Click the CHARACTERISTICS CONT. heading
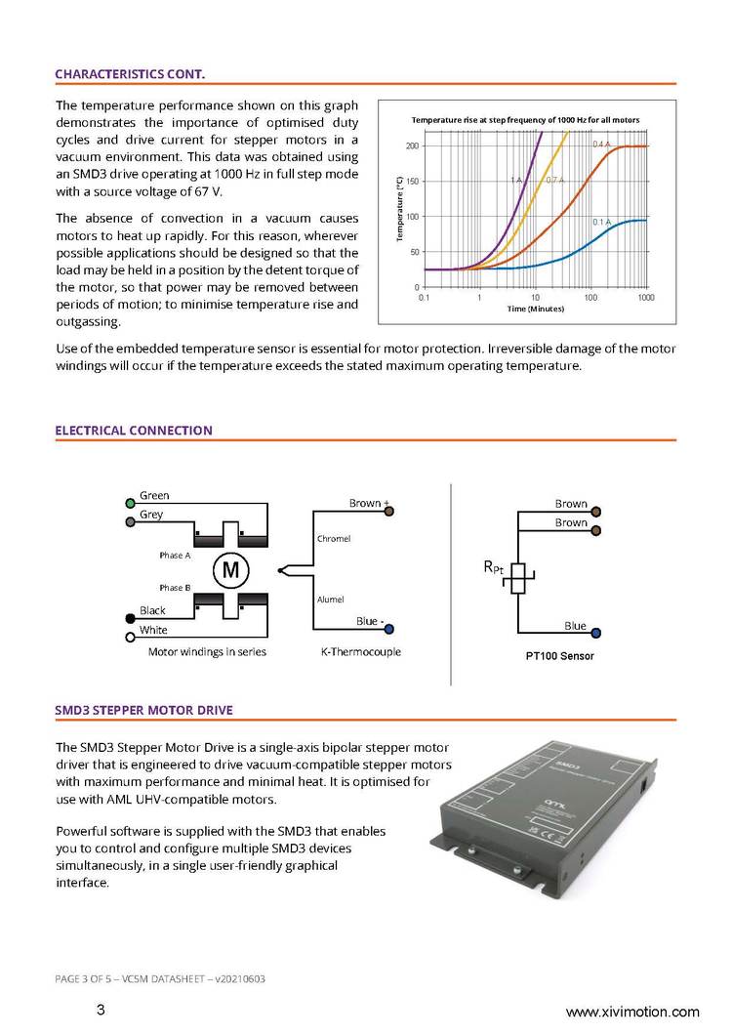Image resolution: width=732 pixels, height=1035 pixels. coord(130,73)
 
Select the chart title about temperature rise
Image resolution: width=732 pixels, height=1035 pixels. coord(525,119)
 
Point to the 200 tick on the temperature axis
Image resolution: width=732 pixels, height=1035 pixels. coord(412,146)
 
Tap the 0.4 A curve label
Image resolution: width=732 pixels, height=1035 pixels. coord(601,145)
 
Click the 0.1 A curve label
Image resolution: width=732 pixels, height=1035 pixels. coord(601,223)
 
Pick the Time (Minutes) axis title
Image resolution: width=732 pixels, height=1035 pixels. coord(536,309)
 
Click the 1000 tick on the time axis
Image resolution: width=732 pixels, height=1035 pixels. coord(646,296)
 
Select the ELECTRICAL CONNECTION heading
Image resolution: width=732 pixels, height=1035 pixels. coord(134,430)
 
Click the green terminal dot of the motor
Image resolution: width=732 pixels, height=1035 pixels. coord(130,504)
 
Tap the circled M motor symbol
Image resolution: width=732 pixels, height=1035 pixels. coord(232,569)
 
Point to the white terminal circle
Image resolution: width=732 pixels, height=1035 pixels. coord(130,638)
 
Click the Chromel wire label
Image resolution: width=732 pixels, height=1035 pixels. coord(334,539)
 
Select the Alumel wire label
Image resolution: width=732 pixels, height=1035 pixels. coord(331,600)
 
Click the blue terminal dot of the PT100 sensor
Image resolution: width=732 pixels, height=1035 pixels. coord(595,633)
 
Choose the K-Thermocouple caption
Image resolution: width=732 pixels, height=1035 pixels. coord(361,651)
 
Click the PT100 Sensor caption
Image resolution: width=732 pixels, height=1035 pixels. coord(553,656)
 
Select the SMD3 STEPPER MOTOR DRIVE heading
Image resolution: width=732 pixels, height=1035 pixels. coord(144,709)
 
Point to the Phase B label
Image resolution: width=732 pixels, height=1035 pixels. coord(175,588)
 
